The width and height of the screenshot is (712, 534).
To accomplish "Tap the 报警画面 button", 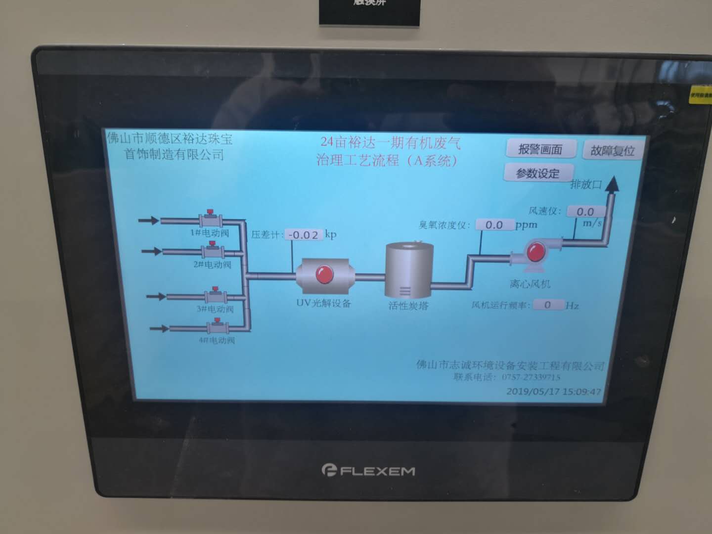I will (540, 149).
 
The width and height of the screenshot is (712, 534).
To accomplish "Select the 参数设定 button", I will (538, 174).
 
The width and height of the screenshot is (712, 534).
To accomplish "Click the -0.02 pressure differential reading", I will (304, 235).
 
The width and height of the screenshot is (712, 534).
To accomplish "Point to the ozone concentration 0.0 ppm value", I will (494, 225).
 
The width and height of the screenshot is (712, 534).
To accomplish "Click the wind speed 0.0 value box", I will (585, 212).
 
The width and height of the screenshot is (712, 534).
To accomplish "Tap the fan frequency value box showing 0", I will (547, 305).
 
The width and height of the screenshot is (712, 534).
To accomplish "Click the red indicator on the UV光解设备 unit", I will (324, 274).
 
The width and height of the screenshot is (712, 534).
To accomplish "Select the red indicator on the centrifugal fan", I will (535, 252).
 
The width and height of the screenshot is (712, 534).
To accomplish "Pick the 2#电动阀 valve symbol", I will (213, 251).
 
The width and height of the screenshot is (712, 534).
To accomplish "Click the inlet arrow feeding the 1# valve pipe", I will (148, 221).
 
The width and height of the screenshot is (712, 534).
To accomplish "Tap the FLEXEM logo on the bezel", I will (368, 471).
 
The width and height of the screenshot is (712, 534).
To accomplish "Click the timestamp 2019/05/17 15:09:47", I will (554, 392).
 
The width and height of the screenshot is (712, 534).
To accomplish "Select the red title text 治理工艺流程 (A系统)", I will (387, 160).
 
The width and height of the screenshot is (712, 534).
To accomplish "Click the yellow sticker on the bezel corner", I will (701, 94).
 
